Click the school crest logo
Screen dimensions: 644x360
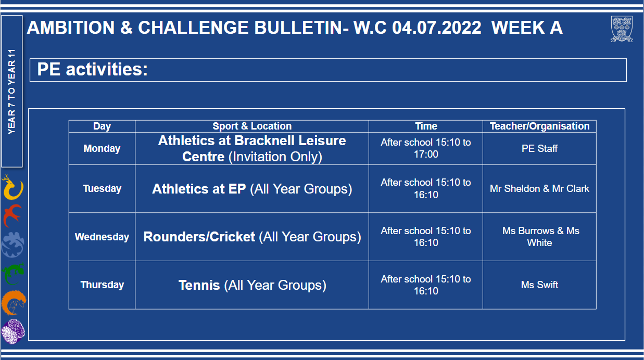tap(622, 29)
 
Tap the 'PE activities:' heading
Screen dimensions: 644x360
tap(92, 69)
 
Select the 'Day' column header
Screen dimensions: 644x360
tap(102, 126)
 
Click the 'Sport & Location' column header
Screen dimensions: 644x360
tap(252, 126)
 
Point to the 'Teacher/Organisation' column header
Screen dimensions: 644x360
tap(540, 126)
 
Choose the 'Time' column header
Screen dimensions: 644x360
tap(426, 126)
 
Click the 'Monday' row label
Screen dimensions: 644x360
tap(102, 149)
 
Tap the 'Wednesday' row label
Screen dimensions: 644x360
tap(102, 237)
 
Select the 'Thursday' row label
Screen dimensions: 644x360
tap(102, 285)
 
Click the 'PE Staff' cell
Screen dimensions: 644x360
tap(540, 149)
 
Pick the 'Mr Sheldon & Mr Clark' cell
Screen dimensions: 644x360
tap(540, 188)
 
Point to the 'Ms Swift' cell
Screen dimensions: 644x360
tap(540, 285)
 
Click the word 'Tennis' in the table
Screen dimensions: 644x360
tap(199, 285)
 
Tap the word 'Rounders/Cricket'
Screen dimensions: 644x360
tap(199, 237)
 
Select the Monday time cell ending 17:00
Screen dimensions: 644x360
tap(426, 148)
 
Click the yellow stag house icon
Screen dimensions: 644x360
tap(12, 187)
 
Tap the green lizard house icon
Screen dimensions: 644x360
tap(13, 274)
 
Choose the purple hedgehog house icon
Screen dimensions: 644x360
tap(13, 331)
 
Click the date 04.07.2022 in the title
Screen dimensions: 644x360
tap(437, 28)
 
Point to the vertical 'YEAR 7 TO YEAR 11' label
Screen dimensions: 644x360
tap(11, 92)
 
